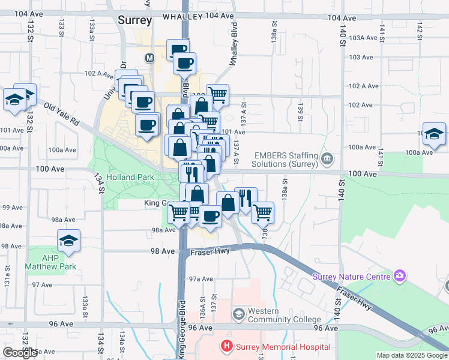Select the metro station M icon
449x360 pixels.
149,58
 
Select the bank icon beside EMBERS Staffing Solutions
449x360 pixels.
327,158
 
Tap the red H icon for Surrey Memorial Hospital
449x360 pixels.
226,346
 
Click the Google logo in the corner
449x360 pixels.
20,353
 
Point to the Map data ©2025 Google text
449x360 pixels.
412,355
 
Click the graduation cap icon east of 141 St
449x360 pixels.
434,134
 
